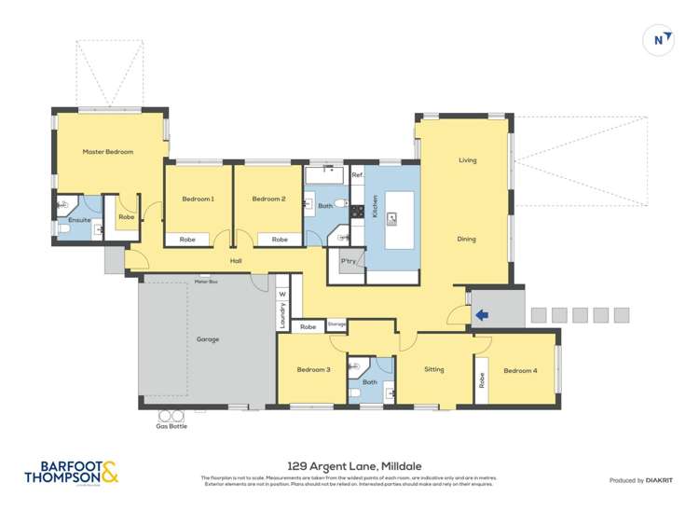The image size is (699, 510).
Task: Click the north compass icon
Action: pos(659,39)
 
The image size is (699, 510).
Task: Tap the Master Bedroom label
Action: pos(107,152)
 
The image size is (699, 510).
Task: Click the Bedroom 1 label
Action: pos(198,199)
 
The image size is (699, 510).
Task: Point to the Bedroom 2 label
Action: pos(267,199)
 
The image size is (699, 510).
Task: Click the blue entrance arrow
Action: pos(481,315)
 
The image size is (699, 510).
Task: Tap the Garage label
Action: pos(207,339)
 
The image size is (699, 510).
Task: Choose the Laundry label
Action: pos(281,315)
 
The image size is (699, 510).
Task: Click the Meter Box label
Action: pos(206,282)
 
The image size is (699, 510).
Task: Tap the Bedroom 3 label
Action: pos(313,370)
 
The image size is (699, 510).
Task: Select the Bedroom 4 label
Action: pos(520,371)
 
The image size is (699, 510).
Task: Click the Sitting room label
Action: pos(434,370)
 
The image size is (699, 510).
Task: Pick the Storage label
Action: pos(336,324)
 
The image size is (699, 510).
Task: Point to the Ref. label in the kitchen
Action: pos(357,175)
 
